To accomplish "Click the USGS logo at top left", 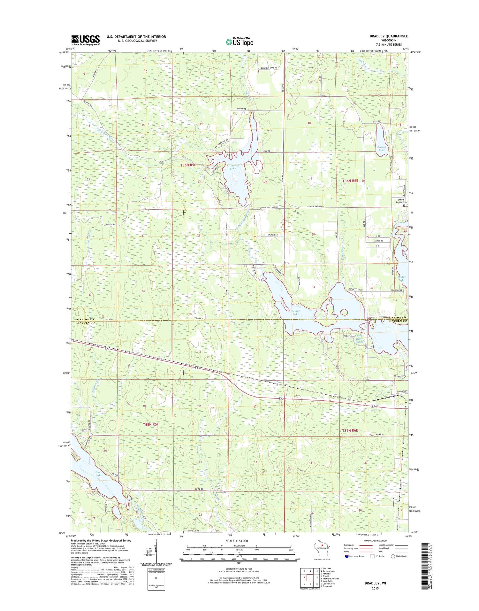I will (85, 40).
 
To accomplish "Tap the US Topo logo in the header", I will (240, 42).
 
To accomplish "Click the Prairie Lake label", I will (382, 148).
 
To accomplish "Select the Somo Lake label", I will (98, 474).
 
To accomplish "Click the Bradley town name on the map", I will (400, 376).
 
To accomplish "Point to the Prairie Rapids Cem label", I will (400, 201).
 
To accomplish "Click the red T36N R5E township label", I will (188, 165).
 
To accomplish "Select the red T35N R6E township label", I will (350, 430).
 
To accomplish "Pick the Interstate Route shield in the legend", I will (347, 556).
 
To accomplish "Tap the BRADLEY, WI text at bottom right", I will (375, 583).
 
